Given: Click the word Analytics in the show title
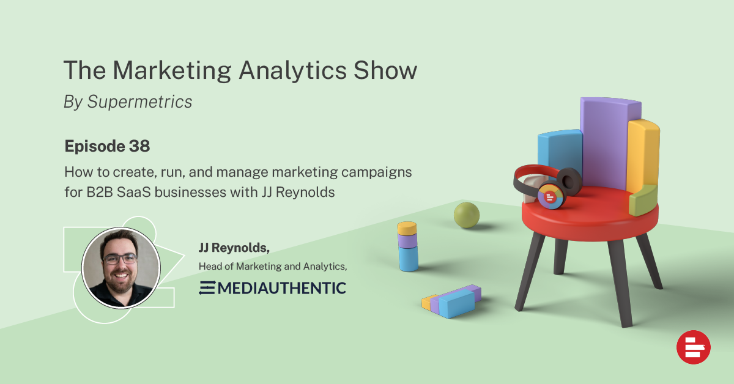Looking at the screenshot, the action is tap(292, 71).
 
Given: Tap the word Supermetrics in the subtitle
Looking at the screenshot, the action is tap(139, 102).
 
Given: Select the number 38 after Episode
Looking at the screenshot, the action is tap(139, 146).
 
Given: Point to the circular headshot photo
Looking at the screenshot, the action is tap(121, 268).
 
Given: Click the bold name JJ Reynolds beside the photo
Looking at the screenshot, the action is tap(234, 248).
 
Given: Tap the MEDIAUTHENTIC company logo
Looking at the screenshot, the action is tap(272, 288).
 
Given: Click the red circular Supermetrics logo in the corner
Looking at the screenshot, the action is tap(694, 347).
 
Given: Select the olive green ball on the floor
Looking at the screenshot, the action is tap(467, 215).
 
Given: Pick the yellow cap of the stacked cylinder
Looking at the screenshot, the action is tap(407, 228).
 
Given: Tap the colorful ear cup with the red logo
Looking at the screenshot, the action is tap(550, 196).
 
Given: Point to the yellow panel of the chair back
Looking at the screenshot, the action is tap(643, 155).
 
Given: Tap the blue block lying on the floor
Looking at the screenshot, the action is tap(457, 304).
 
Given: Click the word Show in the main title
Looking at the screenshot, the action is tap(385, 70).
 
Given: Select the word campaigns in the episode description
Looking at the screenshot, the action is tap(377, 172).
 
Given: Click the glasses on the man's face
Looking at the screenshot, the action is tap(120, 259).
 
